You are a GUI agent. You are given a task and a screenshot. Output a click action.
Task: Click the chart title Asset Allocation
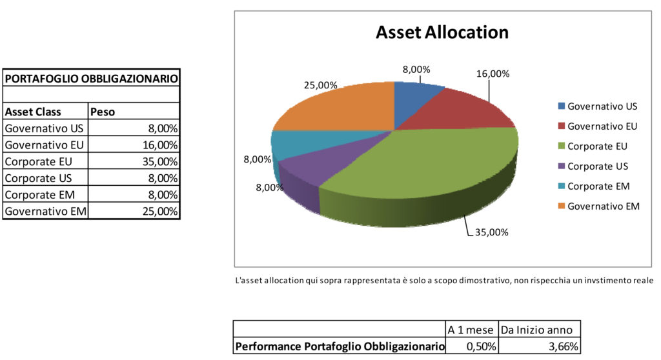pos(442,32)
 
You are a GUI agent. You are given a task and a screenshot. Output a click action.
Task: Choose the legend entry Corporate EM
pos(598,186)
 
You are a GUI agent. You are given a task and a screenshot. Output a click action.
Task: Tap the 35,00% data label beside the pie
pos(491,233)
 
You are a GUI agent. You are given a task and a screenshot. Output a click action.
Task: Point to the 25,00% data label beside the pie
pos(321,85)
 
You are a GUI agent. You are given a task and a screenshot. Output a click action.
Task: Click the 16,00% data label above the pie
pos(493,74)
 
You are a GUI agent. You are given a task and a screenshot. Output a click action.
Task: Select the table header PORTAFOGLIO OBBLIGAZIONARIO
pos(91,79)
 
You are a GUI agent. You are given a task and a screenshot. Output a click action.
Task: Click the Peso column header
pos(103,112)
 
